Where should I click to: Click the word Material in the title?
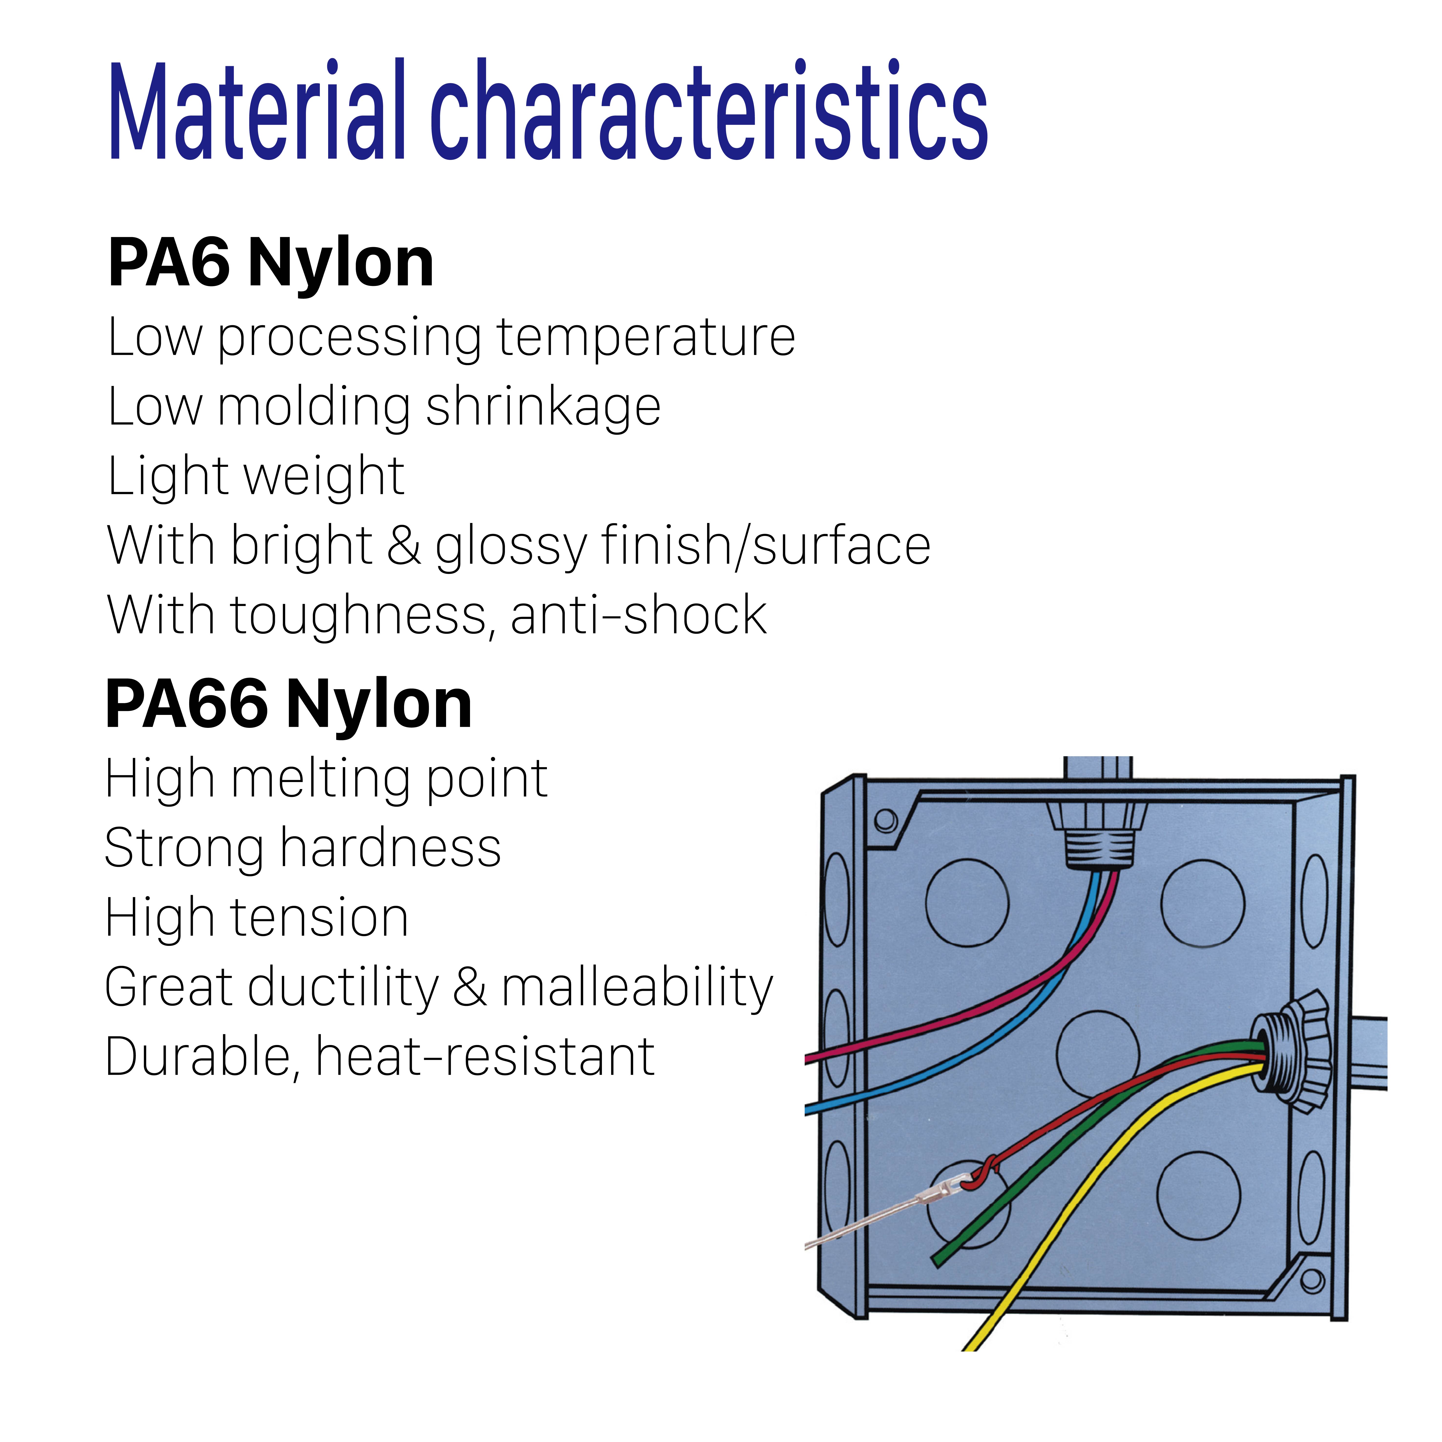(258, 110)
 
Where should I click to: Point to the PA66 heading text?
(187, 704)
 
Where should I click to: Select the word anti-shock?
(639, 616)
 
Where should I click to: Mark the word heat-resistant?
(485, 1057)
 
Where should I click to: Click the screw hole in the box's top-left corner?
(885, 820)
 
